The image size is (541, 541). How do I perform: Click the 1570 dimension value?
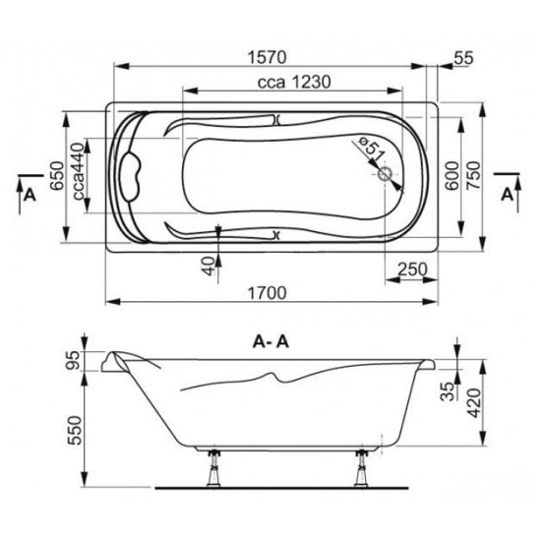(268, 57)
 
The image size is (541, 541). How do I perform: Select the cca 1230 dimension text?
(294, 82)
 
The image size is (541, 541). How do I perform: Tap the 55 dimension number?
(463, 58)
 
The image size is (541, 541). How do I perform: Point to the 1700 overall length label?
(268, 293)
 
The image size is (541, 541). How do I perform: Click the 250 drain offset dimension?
(412, 269)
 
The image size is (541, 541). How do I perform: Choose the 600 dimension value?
(452, 175)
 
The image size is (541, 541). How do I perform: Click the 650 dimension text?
(57, 175)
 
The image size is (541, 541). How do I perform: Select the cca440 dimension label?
(79, 171)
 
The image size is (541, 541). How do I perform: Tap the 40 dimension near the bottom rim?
(209, 267)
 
